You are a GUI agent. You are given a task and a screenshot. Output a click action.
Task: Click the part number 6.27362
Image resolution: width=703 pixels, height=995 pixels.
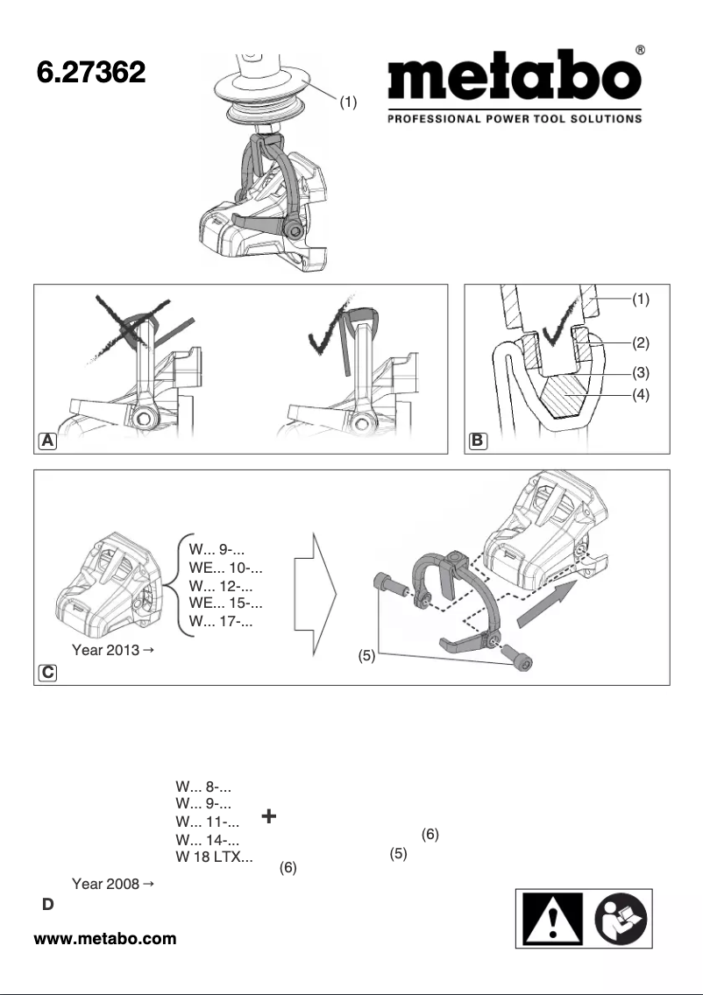click(90, 74)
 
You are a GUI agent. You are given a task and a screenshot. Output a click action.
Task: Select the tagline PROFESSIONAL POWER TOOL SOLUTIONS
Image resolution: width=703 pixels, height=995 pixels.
click(515, 118)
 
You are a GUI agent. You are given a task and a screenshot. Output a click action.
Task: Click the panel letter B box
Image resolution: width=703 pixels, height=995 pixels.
click(476, 441)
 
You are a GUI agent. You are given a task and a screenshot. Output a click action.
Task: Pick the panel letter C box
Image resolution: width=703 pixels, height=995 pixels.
click(46, 673)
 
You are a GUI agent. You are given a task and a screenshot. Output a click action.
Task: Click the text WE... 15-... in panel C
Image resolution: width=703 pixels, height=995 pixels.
click(226, 603)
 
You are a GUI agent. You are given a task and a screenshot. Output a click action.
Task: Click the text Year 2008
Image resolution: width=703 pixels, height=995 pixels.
click(107, 886)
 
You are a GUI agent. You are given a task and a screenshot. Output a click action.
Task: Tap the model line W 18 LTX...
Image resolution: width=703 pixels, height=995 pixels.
click(215, 856)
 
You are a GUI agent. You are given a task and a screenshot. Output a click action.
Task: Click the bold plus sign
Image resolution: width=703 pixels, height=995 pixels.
click(269, 816)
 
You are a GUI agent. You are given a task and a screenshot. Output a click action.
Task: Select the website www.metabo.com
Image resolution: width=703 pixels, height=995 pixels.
click(105, 939)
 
